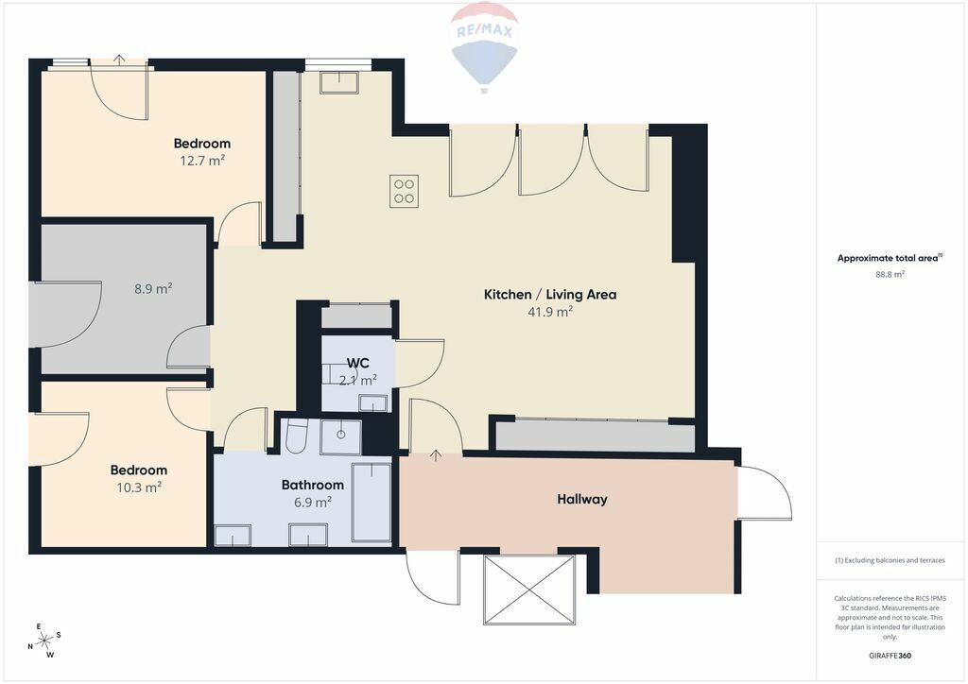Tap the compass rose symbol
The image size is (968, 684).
(x=44, y=641)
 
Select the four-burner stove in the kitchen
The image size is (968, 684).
(x=405, y=191)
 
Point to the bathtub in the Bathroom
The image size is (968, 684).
(x=371, y=503)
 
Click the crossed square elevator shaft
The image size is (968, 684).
(x=529, y=589)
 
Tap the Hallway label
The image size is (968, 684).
(x=582, y=499)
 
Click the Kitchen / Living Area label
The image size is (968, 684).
(x=550, y=294)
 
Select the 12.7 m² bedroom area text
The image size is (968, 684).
(x=202, y=161)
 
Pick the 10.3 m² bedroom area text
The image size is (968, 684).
(x=139, y=487)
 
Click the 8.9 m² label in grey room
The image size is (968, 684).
(x=153, y=288)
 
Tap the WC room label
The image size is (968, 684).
(x=357, y=363)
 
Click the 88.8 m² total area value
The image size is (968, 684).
(x=890, y=275)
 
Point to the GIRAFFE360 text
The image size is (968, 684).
(x=890, y=656)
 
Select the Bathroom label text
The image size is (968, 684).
(x=312, y=485)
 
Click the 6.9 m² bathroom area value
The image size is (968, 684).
(x=313, y=502)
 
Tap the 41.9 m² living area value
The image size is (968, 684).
(x=550, y=312)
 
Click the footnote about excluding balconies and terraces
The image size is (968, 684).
(x=890, y=560)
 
